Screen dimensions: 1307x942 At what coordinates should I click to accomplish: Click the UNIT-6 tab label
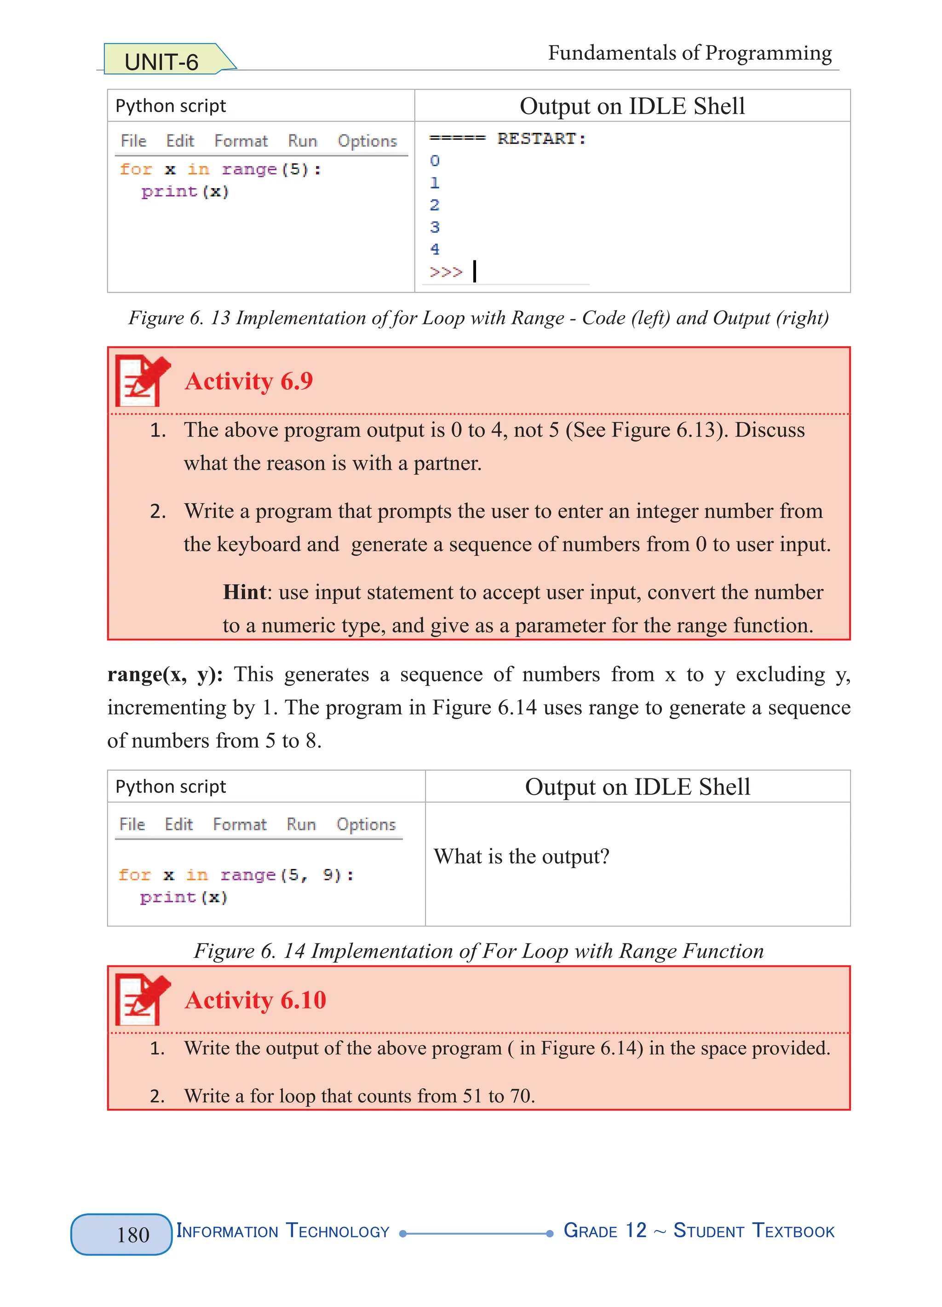point(161,62)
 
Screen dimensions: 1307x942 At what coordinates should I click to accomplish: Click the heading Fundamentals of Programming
point(689,53)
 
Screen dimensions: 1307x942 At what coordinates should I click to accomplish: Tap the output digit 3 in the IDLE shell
point(434,227)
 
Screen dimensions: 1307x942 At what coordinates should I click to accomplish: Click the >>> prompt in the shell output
point(445,272)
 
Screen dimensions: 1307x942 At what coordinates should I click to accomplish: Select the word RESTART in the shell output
point(536,139)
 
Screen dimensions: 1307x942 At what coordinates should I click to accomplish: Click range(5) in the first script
point(265,169)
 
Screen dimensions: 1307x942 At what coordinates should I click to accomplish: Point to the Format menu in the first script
point(241,141)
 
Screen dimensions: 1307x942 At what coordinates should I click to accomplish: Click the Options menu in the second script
point(366,825)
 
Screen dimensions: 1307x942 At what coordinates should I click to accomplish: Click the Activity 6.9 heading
point(248,381)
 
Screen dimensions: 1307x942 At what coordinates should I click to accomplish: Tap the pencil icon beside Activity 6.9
point(142,380)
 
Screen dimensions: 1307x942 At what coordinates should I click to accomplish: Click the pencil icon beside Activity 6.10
point(142,999)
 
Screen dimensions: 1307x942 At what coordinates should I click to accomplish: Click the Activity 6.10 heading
point(255,1000)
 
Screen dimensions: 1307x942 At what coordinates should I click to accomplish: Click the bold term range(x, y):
point(165,674)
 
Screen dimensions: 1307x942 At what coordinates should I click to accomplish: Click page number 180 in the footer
point(133,1234)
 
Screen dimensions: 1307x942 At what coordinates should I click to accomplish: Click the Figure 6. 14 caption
point(478,951)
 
